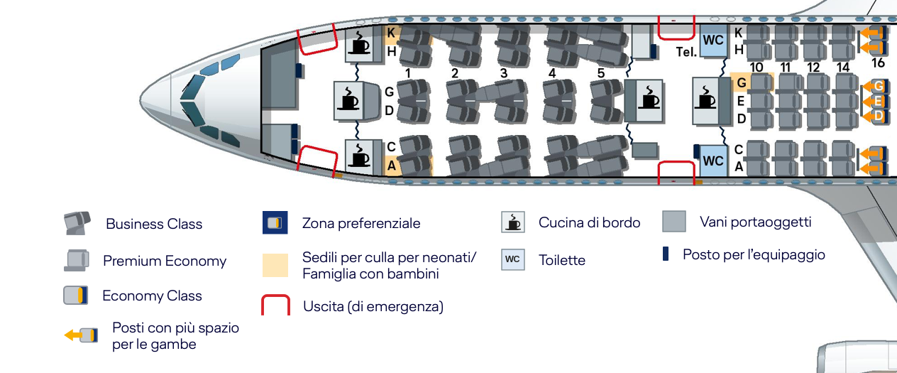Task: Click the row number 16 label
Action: [x=878, y=63]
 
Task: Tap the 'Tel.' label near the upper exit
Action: [x=686, y=52]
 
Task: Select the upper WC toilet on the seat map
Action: [x=713, y=40]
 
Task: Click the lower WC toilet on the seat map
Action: [x=713, y=161]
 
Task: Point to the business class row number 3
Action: [x=504, y=73]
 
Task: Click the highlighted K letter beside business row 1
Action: [x=391, y=33]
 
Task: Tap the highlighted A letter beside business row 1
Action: [x=391, y=166]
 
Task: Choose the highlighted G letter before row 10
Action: [x=741, y=82]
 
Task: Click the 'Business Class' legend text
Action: [x=154, y=224]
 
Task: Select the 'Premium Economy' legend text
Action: [x=165, y=261]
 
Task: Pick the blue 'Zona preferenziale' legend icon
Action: [x=275, y=222]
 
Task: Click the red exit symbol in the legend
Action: [x=275, y=305]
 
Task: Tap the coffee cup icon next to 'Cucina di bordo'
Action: [x=513, y=222]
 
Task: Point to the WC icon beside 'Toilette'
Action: [x=513, y=259]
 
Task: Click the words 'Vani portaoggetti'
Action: [x=755, y=222]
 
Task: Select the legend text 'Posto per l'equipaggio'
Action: [x=754, y=254]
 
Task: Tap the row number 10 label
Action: [x=756, y=67]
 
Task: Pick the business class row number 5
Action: [x=600, y=73]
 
